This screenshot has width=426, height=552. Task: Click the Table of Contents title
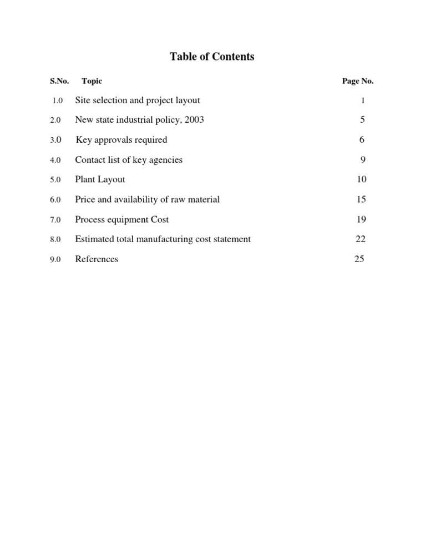click(x=212, y=57)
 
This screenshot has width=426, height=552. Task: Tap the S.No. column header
click(x=59, y=81)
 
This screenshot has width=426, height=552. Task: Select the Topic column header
click(x=92, y=81)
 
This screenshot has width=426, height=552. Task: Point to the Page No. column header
click(x=358, y=81)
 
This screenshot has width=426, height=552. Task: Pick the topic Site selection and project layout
click(x=138, y=101)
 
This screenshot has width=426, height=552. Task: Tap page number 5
click(x=362, y=120)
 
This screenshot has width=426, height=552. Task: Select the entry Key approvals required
click(x=121, y=140)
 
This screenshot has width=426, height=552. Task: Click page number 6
click(x=362, y=140)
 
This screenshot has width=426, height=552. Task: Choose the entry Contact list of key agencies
click(x=129, y=160)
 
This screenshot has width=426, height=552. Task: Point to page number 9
click(x=362, y=160)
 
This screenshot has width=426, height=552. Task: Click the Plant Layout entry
click(x=100, y=179)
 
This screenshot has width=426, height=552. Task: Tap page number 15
click(x=362, y=199)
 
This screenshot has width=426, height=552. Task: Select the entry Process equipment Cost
click(x=122, y=219)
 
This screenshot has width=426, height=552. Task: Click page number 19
click(x=362, y=219)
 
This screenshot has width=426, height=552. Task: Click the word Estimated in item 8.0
click(x=93, y=239)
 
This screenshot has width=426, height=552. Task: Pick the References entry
click(x=97, y=259)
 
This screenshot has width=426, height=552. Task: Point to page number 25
click(x=359, y=259)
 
